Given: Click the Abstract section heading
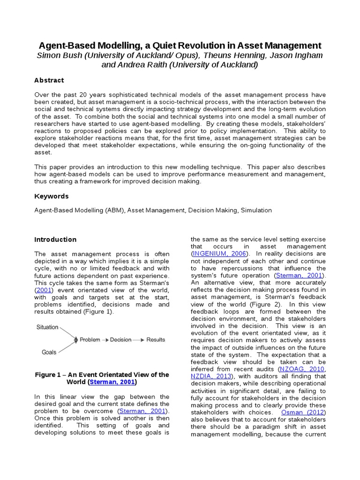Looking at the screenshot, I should (49, 80).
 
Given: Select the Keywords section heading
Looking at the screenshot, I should (51, 196).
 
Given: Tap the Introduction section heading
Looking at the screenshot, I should (55, 240).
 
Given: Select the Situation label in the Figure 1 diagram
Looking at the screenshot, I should (47, 327).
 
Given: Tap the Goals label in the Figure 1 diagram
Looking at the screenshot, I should (49, 352).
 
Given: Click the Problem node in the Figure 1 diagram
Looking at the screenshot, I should (90, 339).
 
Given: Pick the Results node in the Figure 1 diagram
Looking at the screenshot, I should (156, 339).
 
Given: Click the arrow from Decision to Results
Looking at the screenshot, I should (139, 339).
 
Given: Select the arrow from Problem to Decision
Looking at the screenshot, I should (105, 339).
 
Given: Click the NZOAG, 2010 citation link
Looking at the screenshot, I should (302, 369).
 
